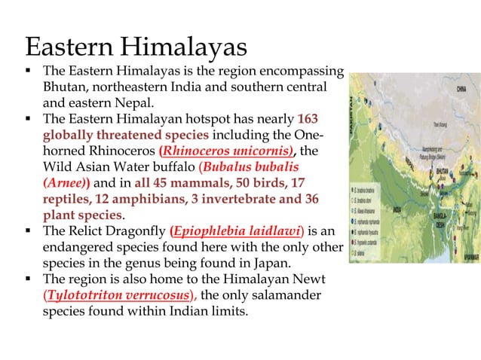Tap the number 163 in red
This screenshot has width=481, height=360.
click(313, 118)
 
